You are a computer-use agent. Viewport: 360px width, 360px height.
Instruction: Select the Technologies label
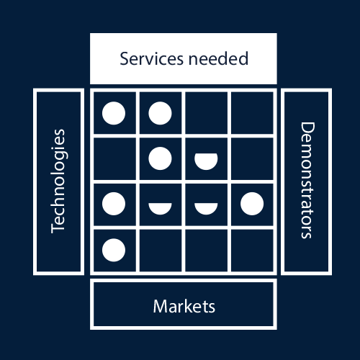click(x=59, y=181)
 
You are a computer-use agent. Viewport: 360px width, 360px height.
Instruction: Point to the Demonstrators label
click(x=306, y=181)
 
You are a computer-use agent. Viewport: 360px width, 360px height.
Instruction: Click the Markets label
click(x=184, y=306)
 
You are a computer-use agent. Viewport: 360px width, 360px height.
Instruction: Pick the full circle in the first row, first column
click(x=114, y=113)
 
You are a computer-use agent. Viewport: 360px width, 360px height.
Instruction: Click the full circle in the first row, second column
click(x=160, y=113)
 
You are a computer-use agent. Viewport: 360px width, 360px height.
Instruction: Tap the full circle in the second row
click(x=160, y=158)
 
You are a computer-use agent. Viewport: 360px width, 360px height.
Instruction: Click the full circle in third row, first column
click(x=114, y=204)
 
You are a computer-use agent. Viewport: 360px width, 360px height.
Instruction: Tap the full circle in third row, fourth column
click(x=251, y=204)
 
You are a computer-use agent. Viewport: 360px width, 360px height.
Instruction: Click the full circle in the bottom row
click(x=114, y=249)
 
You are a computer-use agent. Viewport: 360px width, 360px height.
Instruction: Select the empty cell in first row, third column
click(x=206, y=113)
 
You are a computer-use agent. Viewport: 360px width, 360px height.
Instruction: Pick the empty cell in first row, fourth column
click(x=251, y=113)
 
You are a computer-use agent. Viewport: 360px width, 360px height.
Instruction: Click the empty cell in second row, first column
click(x=114, y=158)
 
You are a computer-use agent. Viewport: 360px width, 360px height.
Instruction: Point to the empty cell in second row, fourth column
click(x=251, y=158)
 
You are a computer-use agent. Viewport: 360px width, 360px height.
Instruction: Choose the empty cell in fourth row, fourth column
click(x=251, y=249)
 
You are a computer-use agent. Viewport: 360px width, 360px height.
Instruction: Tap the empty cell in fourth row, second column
click(x=160, y=249)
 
